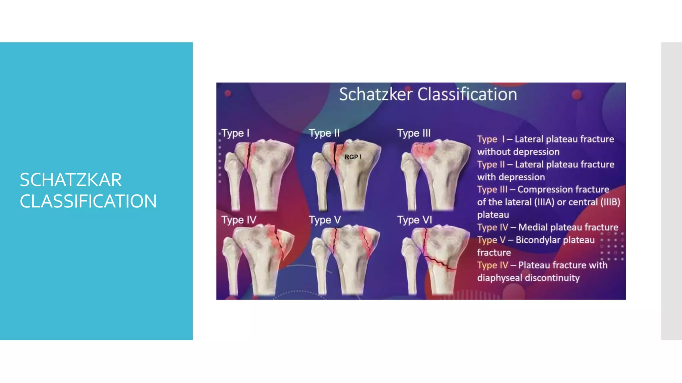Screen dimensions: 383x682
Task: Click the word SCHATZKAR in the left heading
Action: coord(71,180)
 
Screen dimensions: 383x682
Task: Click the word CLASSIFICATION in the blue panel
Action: coord(88,201)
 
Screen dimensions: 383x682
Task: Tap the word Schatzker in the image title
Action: coord(376,94)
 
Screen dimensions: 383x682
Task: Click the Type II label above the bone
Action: coord(324,133)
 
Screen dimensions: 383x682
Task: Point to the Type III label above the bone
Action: coord(414,133)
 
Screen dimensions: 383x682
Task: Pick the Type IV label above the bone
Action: coord(239,220)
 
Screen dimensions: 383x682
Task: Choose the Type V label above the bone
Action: coord(325,220)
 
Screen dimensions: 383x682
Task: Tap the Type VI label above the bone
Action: coord(414,220)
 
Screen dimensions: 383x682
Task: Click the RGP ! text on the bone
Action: coord(353,157)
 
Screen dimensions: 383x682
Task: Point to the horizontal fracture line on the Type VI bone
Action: coord(440,263)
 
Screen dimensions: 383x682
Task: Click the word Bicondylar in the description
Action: coord(538,240)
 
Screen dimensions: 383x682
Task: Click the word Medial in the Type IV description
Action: coord(533,227)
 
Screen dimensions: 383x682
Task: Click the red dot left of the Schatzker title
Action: coord(228,93)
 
